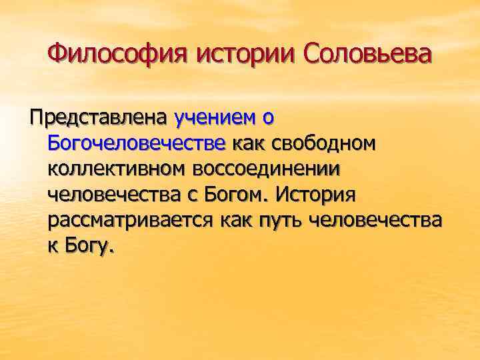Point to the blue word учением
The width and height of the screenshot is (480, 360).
[x=214, y=118]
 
